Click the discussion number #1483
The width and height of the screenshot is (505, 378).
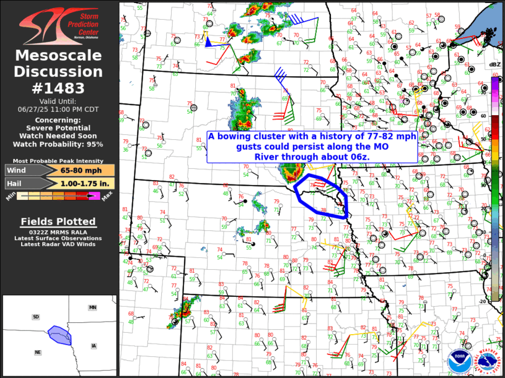(59, 88)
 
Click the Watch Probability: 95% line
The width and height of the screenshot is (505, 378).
(59, 144)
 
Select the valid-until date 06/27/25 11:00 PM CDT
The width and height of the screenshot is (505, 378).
(59, 108)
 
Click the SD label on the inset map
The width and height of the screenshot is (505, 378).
(36, 317)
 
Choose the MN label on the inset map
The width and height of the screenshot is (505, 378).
(92, 307)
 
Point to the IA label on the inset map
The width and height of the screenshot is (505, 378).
(94, 346)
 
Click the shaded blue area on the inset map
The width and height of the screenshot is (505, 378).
(60, 335)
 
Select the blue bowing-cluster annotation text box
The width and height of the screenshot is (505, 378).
(312, 146)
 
